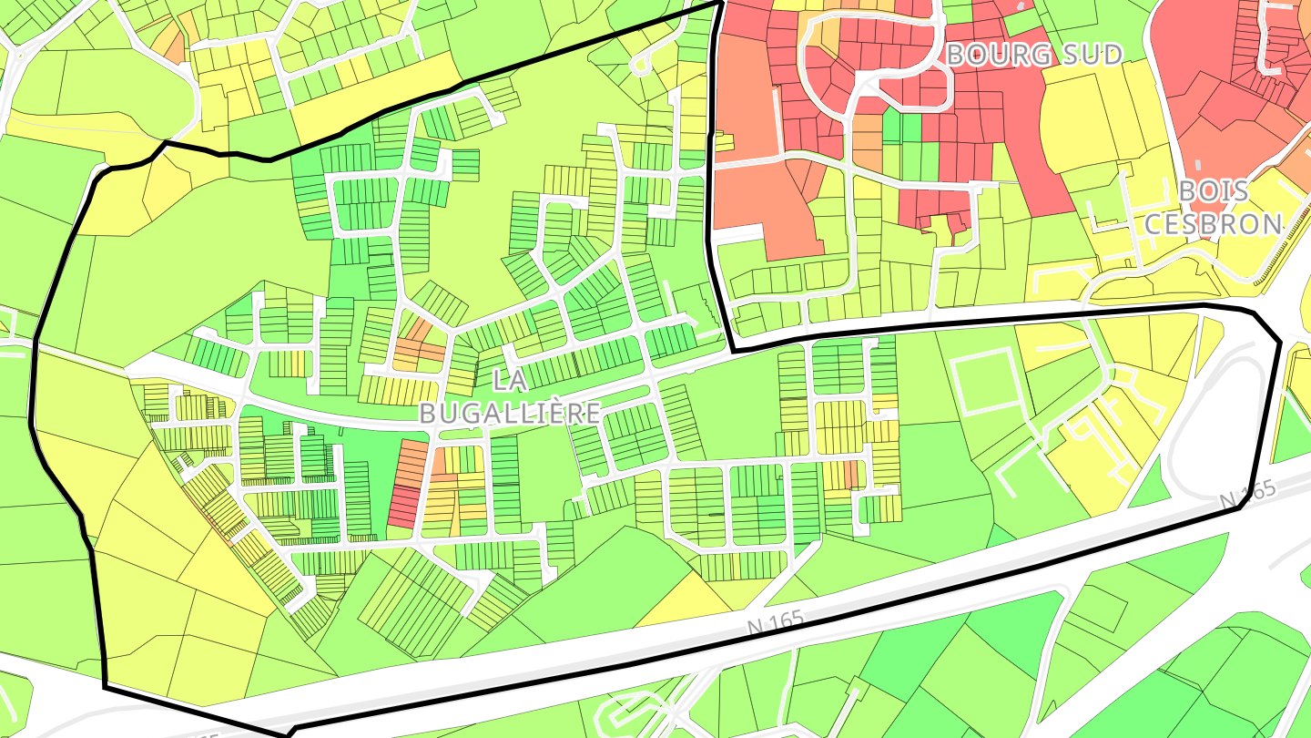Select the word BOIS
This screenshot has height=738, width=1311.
(x=1214, y=191)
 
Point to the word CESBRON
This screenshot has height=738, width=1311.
(x=1213, y=223)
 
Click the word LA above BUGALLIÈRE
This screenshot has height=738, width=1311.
(x=509, y=381)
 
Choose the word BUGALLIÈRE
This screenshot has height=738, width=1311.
(x=509, y=413)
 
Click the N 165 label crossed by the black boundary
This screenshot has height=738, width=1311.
(x=1247, y=495)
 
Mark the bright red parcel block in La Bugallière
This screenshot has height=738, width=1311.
(x=404, y=507)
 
